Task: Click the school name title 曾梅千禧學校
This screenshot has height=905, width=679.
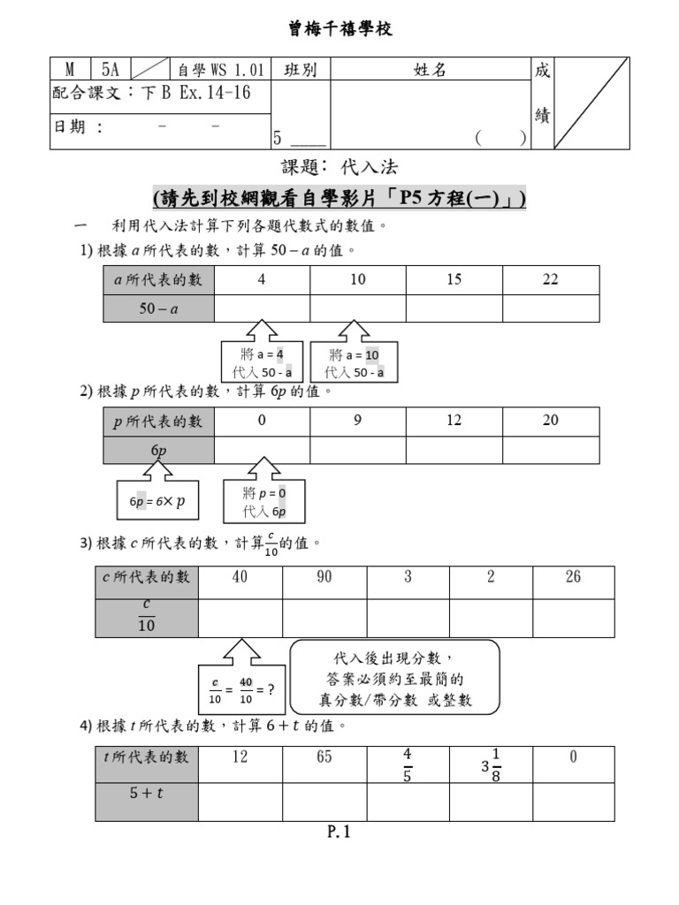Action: (340, 29)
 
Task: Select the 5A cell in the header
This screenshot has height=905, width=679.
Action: (111, 69)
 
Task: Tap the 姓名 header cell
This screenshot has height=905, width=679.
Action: (431, 69)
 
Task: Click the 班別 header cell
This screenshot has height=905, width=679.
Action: (301, 69)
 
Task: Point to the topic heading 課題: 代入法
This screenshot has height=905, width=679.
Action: (339, 167)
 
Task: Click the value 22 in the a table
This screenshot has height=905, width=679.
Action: (550, 280)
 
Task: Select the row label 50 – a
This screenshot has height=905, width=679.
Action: (158, 308)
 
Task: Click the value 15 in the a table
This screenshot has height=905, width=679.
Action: (454, 280)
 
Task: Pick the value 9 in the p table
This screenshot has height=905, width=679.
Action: (357, 420)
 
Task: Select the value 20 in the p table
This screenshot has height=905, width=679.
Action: (550, 420)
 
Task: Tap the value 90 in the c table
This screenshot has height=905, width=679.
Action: (324, 576)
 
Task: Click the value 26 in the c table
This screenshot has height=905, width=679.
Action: (573, 576)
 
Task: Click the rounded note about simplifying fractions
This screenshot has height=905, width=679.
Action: (394, 677)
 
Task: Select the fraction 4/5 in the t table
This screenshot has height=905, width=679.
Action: (407, 764)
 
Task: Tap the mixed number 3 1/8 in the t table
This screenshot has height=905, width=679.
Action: (491, 764)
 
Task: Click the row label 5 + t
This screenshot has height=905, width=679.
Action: (146, 793)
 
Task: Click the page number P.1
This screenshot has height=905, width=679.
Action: (339, 832)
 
